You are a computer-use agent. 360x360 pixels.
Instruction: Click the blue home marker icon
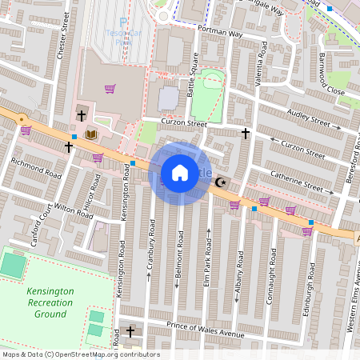click(x=180, y=173)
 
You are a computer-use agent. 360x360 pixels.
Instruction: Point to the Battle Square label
click(x=191, y=74)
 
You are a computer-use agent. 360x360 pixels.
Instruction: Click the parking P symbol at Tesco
click(x=123, y=22)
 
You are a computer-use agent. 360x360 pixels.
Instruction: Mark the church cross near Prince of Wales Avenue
click(x=130, y=331)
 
